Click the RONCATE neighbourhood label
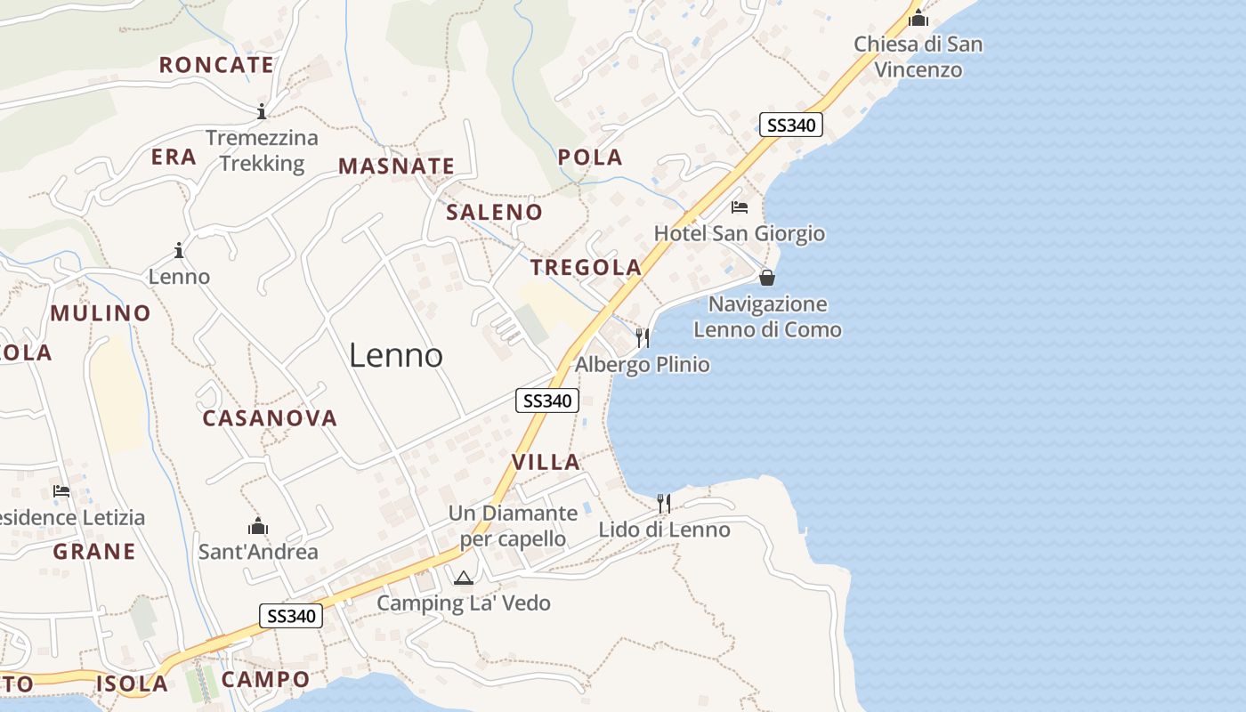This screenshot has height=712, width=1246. point(216,65)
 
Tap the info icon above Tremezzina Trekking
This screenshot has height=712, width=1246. point(262,112)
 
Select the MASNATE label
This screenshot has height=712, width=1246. point(396,166)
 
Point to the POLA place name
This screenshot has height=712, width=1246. point(590,158)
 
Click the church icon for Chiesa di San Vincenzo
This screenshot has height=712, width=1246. point(918,18)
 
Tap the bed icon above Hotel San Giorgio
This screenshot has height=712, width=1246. point(740,208)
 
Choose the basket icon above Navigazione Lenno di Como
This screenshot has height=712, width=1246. point(767,278)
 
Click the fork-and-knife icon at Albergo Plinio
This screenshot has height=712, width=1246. point(643,338)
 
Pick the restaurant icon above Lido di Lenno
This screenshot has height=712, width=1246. point(664,504)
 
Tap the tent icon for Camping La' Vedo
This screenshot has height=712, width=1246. point(463,578)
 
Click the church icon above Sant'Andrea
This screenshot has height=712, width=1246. point(258,527)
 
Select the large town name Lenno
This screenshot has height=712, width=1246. point(396,356)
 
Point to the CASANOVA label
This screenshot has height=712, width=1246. point(270,418)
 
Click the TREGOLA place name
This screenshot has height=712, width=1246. point(586,268)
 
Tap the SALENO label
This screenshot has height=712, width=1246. point(494,212)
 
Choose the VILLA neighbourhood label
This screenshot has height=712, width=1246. point(546,462)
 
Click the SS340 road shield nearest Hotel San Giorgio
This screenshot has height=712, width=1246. point(790,125)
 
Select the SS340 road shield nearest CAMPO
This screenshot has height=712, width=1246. point(290,616)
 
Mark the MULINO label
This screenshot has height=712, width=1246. point(101,313)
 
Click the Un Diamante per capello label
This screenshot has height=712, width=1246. point(513,526)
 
